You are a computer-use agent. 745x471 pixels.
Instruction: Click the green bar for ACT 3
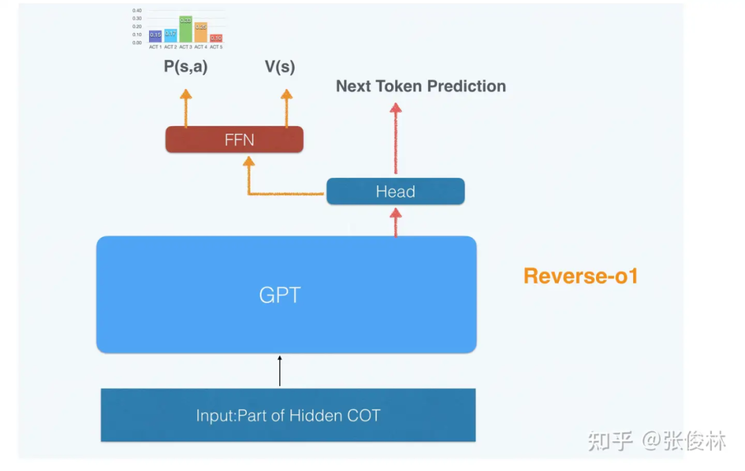coord(186,30)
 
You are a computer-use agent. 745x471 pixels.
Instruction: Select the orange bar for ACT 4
coord(201,33)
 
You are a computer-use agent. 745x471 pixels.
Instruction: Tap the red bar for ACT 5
coord(216,39)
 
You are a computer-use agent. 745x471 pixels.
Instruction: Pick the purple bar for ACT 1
coord(155,36)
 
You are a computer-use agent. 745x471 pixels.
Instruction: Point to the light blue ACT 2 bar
coord(170,35)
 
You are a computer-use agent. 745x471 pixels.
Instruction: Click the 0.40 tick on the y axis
coord(137,11)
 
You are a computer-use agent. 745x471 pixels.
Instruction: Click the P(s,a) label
coord(185,68)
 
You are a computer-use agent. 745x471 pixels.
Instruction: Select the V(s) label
coord(280,68)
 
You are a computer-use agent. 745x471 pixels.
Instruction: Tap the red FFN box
coord(235,140)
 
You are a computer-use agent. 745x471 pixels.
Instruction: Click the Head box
coord(395,192)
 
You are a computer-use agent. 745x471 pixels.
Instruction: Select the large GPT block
coord(286,294)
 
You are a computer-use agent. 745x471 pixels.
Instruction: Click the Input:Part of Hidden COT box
coord(288,415)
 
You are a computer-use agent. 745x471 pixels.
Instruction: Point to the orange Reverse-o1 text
coord(581,276)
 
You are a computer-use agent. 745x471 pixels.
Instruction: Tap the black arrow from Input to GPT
coord(280,371)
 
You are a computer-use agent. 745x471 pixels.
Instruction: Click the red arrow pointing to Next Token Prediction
coord(395,138)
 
